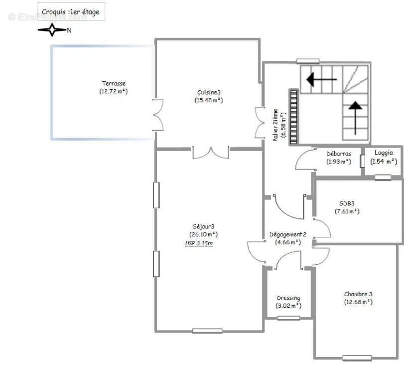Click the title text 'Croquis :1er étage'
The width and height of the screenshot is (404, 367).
(71, 12)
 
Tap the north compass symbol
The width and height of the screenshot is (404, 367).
(52, 30)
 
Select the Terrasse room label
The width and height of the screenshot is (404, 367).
(114, 83)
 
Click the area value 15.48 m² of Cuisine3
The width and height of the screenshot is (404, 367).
(209, 100)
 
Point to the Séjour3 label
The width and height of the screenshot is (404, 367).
(204, 226)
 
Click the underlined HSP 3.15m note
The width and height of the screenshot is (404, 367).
(199, 243)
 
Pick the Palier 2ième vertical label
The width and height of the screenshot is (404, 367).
(275, 125)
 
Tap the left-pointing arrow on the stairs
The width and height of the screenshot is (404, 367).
(321, 79)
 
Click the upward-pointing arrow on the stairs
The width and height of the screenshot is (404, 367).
(356, 118)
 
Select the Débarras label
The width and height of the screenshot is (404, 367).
(339, 154)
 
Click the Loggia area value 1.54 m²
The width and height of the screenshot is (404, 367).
(384, 161)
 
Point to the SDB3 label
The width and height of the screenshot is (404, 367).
(347, 203)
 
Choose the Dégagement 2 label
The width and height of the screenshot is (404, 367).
(288, 234)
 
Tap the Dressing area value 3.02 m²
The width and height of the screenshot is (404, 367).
(288, 306)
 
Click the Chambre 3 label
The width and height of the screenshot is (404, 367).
(358, 294)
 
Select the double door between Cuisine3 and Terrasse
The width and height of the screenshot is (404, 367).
(158, 115)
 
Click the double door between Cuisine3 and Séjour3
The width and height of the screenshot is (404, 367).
(211, 153)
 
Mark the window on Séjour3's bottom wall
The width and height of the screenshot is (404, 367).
(207, 331)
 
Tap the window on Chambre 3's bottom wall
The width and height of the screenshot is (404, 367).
(357, 358)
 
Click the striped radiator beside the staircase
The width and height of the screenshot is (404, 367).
(294, 116)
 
